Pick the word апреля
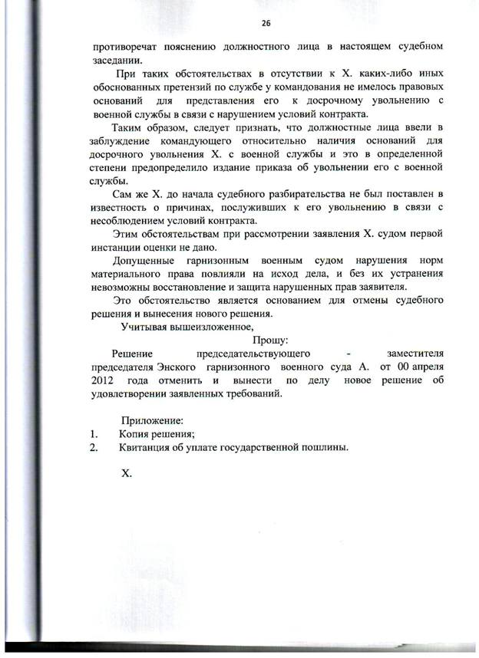pyautogui.click(x=425, y=367)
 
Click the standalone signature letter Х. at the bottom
pyautogui.click(x=127, y=473)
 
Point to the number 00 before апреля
pyautogui.click(x=396, y=367)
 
